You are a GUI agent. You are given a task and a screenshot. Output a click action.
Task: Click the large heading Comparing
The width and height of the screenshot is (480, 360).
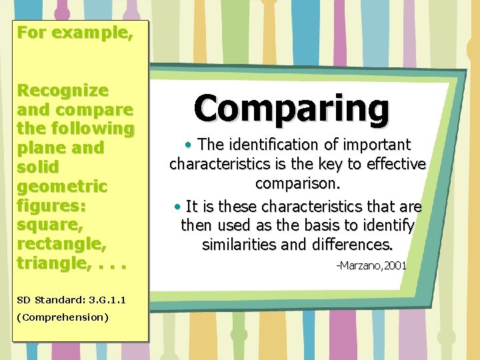291,108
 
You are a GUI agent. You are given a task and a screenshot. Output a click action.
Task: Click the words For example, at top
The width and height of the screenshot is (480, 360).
75,32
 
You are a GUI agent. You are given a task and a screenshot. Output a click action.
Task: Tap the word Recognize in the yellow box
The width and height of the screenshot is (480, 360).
63,89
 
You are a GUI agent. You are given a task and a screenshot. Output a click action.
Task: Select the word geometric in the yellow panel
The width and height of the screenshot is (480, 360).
61,186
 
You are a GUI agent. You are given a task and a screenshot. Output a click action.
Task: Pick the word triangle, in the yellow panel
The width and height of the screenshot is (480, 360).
57,263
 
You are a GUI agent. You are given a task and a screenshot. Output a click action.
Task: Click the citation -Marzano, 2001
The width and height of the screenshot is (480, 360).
371,266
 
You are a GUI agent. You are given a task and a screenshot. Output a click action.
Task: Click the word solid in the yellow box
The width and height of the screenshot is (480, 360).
39,167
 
